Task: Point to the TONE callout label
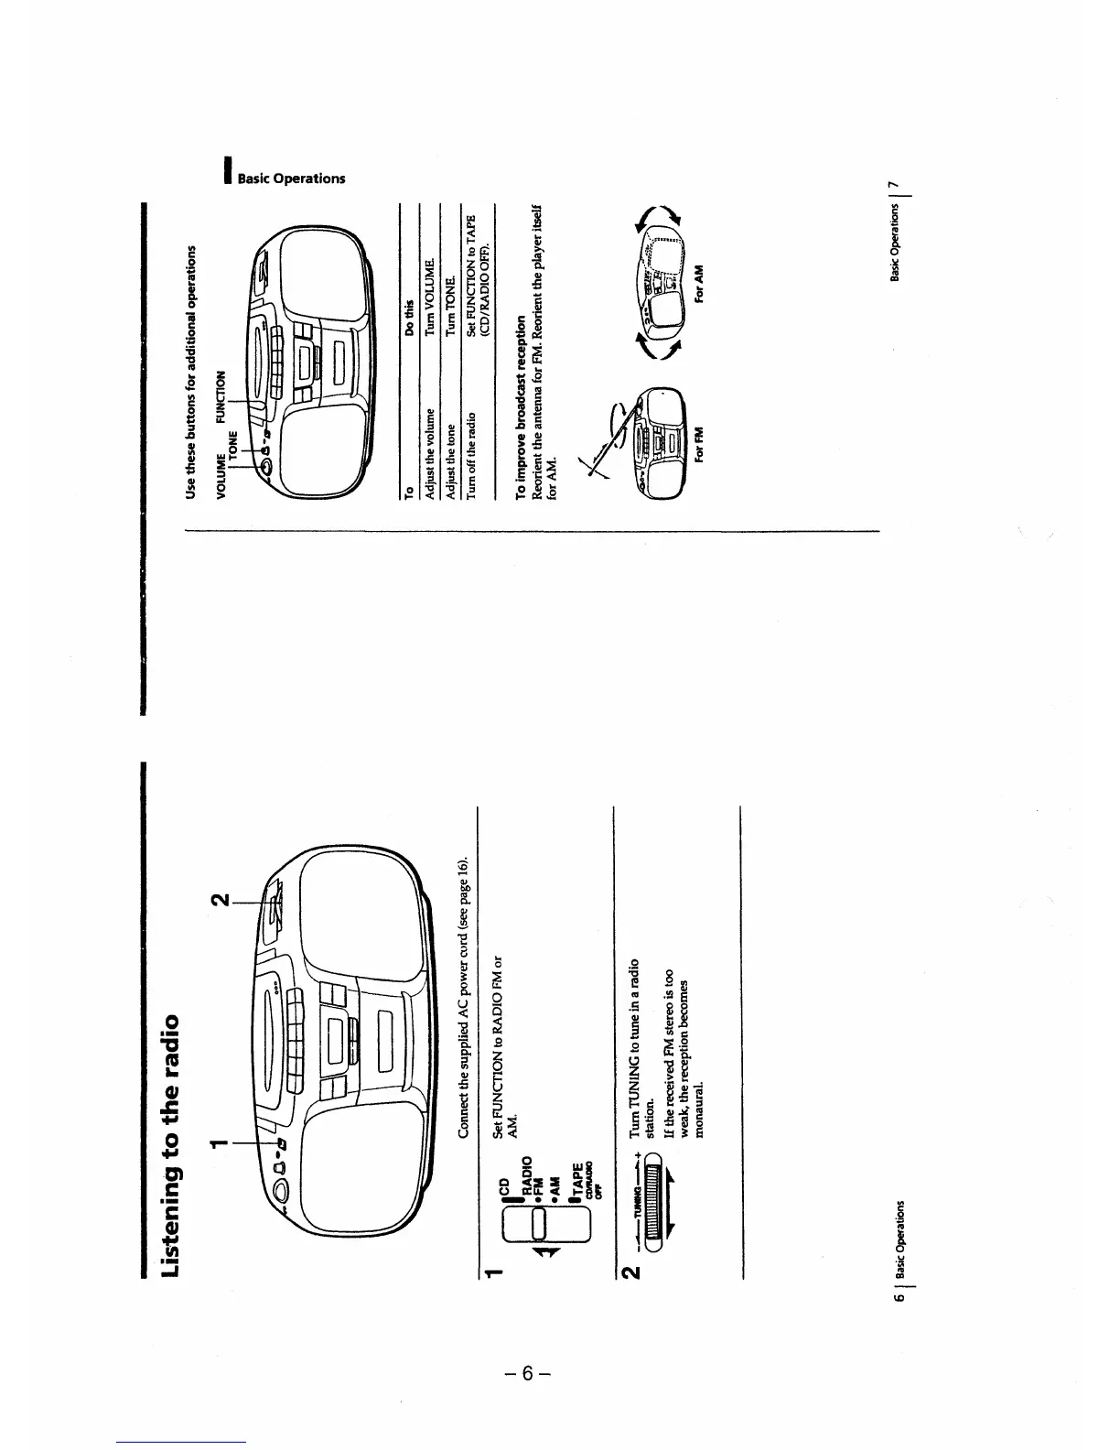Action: tap(232, 444)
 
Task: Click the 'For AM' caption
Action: tap(699, 280)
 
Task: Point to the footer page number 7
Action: tap(898, 188)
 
